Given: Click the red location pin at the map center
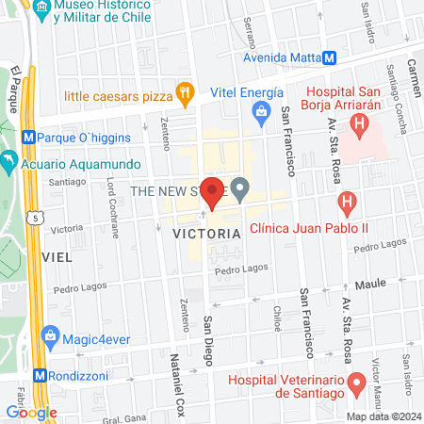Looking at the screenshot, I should [x=213, y=191].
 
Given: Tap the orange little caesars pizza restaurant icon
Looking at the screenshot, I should [x=184, y=94].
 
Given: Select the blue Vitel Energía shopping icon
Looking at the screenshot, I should [x=261, y=113].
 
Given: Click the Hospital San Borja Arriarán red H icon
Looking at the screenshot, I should [x=357, y=123].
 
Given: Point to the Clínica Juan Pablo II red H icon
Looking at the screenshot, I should [x=347, y=202].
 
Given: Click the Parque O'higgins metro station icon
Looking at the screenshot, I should [x=30, y=136].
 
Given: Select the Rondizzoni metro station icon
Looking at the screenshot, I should [x=40, y=374].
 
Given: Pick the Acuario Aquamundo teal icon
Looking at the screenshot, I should [x=9, y=162].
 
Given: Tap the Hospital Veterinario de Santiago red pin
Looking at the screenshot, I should [x=357, y=383].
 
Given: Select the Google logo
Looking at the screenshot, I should [x=31, y=412].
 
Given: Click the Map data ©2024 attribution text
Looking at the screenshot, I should [x=383, y=416].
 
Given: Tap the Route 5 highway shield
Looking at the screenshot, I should [x=35, y=218].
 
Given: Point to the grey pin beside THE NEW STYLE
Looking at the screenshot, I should [x=240, y=189].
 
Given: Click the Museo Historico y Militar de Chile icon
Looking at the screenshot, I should [x=41, y=10].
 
